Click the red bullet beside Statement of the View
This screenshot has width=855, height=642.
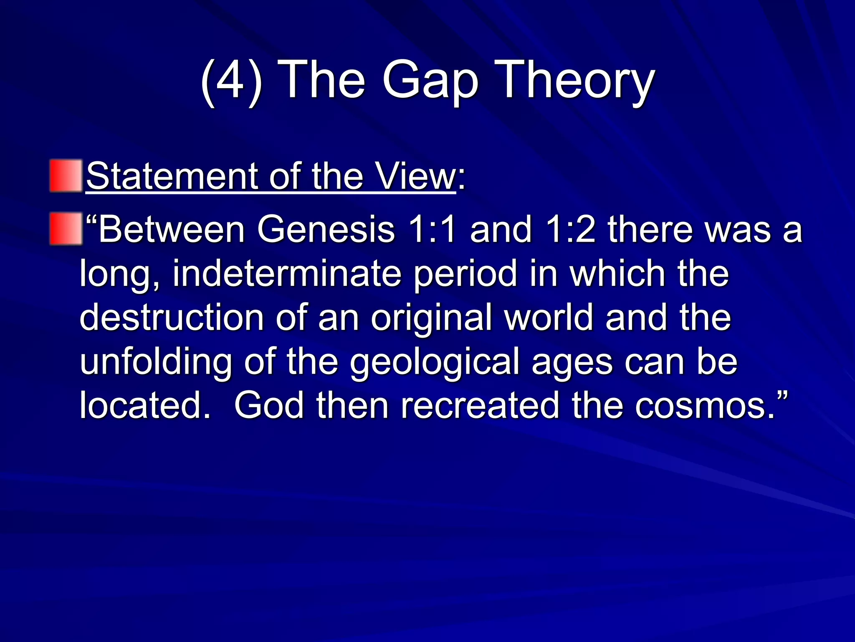66,176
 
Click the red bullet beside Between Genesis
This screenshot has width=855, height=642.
66,229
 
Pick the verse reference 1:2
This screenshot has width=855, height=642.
569,229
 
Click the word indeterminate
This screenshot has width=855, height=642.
286,274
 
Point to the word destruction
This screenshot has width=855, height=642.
172,318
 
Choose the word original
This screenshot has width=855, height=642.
432,318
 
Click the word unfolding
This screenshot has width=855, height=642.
156,362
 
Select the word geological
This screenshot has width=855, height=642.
434,362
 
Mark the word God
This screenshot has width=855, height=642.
269,405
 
